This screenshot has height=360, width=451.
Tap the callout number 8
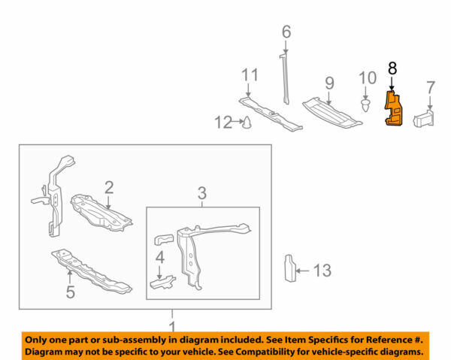[x=392, y=68]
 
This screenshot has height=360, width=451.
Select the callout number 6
[x=286, y=32]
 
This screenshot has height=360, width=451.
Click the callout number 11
[x=250, y=75]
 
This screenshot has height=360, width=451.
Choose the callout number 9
[x=328, y=83]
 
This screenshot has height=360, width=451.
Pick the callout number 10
[x=366, y=77]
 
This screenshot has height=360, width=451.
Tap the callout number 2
[x=109, y=186]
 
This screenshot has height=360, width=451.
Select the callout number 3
[x=201, y=195]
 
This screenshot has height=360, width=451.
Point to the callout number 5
[x=70, y=292]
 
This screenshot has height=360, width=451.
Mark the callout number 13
[x=322, y=269]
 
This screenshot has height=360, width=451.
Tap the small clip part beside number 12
[x=246, y=121]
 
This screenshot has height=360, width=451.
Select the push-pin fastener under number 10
[x=365, y=104]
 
